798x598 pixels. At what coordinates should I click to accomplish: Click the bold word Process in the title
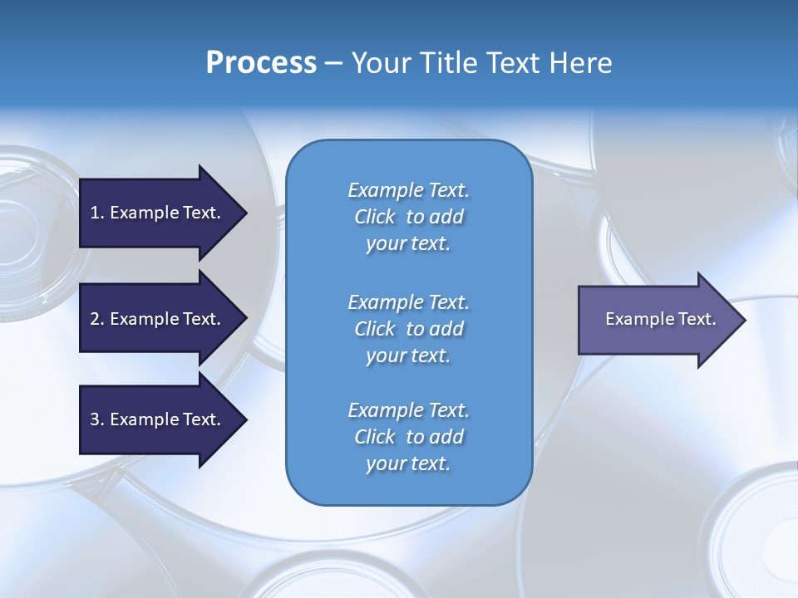pos(261,63)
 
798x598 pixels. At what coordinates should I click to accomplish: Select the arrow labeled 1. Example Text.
pos(155,213)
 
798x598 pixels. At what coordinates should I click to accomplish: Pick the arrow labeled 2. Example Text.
pos(155,319)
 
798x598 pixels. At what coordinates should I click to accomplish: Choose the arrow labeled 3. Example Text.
pos(155,419)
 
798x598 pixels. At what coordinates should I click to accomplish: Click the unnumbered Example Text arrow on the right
pos(660,319)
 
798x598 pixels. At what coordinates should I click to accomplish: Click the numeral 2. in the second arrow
pos(96,319)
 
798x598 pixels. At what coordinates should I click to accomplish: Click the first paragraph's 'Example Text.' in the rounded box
pos(408,190)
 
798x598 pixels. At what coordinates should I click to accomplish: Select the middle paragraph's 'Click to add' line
pos(408,329)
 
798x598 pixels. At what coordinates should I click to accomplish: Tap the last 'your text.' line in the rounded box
pos(408,463)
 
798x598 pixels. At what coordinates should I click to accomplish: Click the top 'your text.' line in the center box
pos(408,244)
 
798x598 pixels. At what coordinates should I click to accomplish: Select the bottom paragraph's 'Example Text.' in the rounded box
pos(408,410)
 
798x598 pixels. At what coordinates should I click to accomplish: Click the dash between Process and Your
pos(333,63)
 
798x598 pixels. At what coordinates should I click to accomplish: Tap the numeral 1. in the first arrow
pos(96,213)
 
